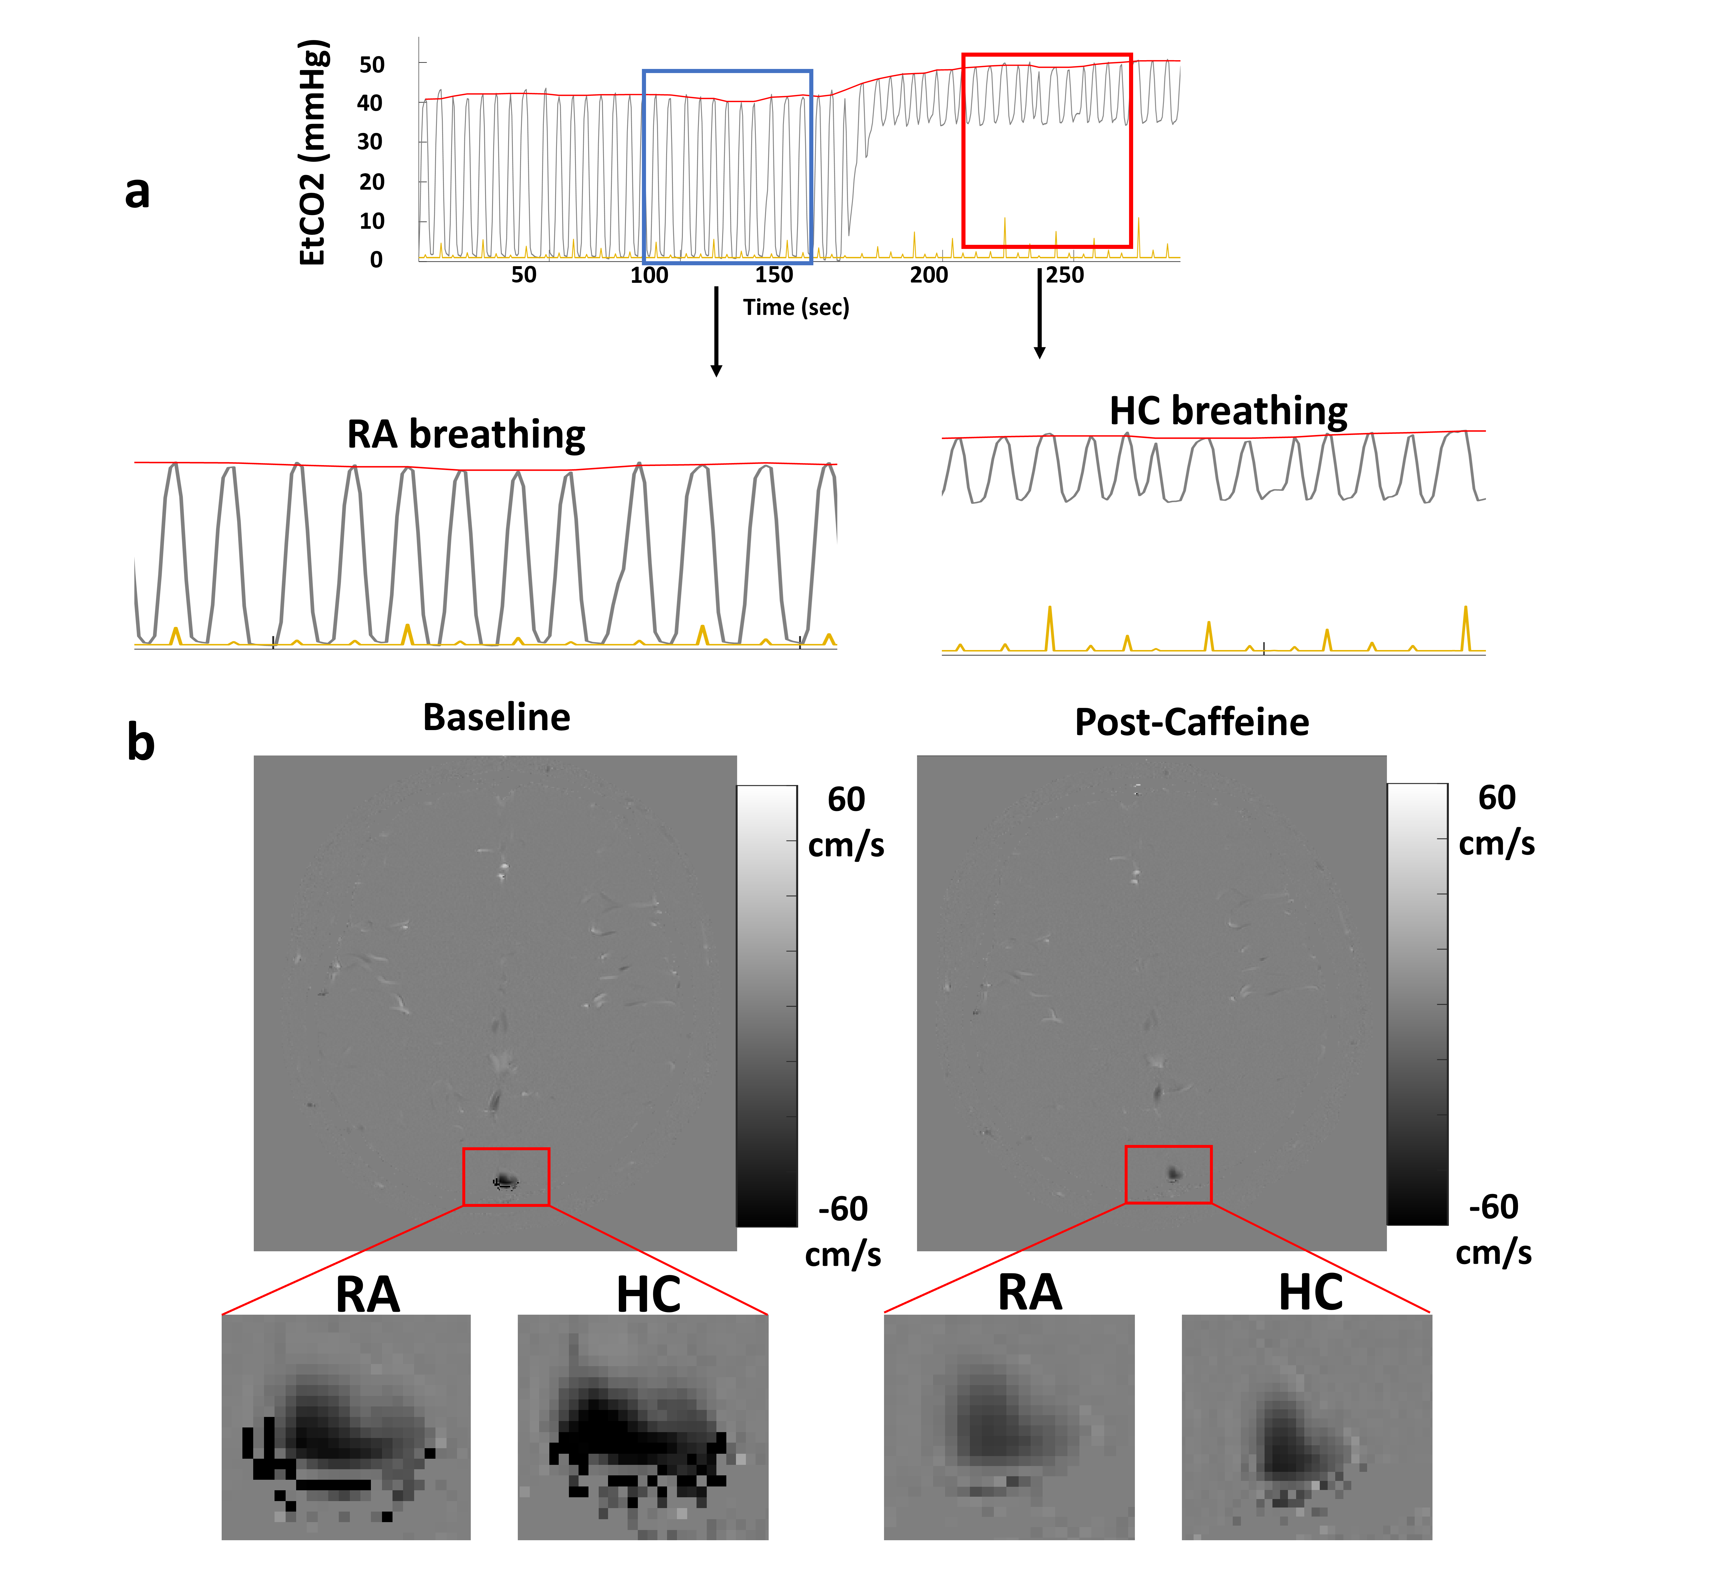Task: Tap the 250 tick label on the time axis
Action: coord(1065,275)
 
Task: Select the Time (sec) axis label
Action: coord(796,307)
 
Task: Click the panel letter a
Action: coord(138,191)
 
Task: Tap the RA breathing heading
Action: coord(466,434)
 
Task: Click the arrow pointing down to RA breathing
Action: coord(716,331)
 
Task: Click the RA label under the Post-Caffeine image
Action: coord(1030,1292)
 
